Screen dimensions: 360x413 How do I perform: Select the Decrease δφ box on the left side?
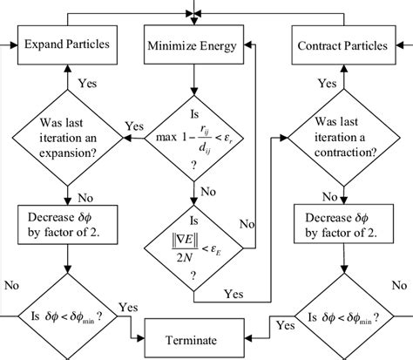66,222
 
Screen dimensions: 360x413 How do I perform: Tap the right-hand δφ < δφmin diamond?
342,316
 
